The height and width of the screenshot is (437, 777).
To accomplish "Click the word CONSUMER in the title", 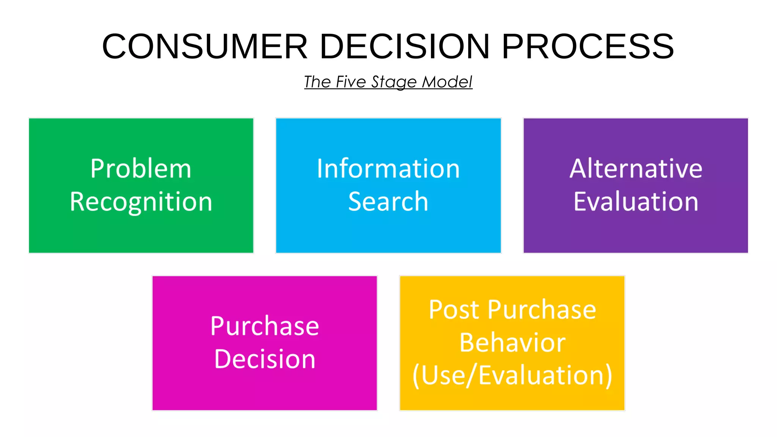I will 205,46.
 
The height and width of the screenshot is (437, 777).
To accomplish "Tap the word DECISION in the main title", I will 404,46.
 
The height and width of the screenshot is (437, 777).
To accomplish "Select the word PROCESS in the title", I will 588,46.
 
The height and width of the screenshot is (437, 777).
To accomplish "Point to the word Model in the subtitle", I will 447,82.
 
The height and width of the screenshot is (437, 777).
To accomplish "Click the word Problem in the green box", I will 141,168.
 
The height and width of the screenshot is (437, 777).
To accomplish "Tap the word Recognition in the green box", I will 141,202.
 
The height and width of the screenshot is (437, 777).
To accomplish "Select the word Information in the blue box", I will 388,168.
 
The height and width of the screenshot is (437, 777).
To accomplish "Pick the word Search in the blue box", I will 388,201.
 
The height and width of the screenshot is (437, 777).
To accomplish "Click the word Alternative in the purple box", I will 636,168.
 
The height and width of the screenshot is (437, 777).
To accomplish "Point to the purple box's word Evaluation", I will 636,201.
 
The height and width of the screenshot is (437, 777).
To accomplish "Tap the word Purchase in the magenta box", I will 264,326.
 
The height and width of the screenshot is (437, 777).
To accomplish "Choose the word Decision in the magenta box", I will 264,359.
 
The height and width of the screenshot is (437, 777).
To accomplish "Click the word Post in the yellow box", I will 454,310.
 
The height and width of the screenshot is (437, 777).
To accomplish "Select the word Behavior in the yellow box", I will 512,343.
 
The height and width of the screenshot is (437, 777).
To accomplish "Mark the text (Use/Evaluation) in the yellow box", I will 512,376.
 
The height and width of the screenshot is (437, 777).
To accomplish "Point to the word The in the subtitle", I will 318,82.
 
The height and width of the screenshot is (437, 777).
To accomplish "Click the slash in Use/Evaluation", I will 472,376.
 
